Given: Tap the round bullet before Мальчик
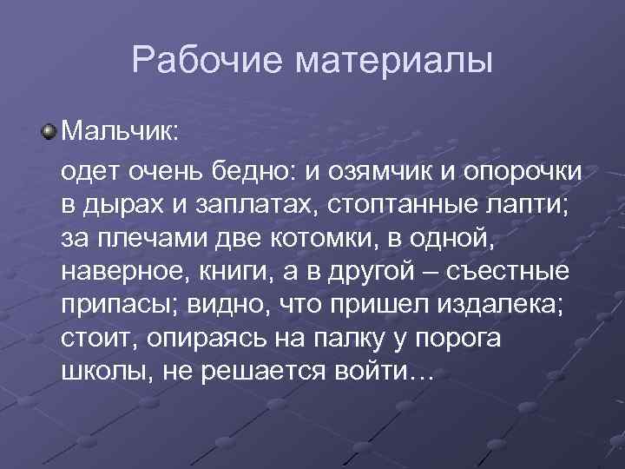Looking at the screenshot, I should point(50,133).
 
